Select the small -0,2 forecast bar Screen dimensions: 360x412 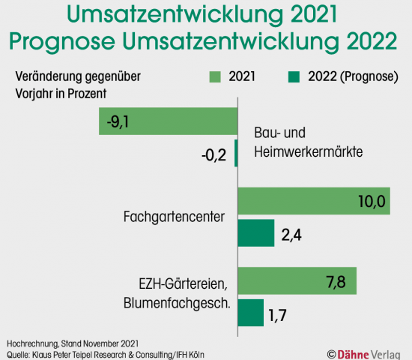(x=236, y=153)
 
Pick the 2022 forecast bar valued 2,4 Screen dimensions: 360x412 (x=255, y=232)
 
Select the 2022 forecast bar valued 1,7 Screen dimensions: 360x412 (x=250, y=312)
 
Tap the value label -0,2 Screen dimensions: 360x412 (x=215, y=154)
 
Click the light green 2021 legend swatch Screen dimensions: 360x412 (x=214, y=77)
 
